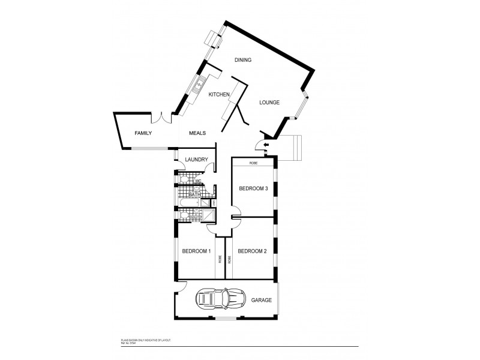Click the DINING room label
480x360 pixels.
click(x=242, y=60)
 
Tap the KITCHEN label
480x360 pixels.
click(x=218, y=95)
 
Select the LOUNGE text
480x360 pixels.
click(x=269, y=103)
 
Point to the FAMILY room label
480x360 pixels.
click(x=143, y=133)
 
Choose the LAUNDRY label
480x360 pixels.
click(x=196, y=160)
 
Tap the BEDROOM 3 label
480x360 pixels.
click(x=253, y=188)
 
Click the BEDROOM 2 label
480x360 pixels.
click(x=251, y=251)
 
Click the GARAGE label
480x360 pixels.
click(x=262, y=300)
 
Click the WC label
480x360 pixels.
click(x=197, y=180)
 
